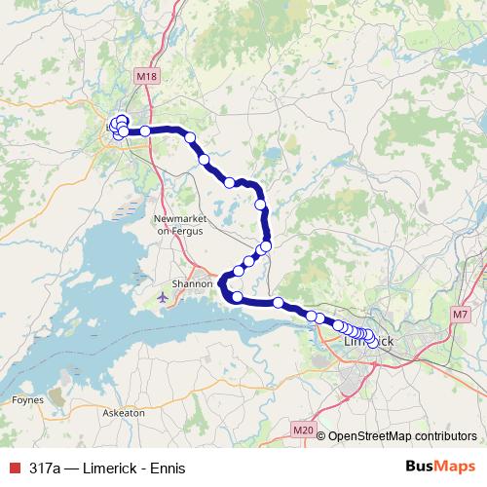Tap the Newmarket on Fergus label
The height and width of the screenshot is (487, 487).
(x=176, y=224)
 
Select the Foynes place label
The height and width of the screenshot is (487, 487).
(x=21, y=399)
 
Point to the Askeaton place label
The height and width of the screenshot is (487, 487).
(x=124, y=413)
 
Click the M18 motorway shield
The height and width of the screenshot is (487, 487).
(x=147, y=77)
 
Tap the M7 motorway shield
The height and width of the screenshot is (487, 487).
(x=462, y=314)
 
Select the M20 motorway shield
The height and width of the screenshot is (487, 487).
(x=303, y=429)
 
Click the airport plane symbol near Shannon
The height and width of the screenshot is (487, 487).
(x=163, y=296)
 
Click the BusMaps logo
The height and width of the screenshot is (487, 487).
(x=434, y=468)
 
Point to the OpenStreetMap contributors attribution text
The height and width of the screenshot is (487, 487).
(x=402, y=436)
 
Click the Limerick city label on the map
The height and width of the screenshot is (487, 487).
(x=369, y=343)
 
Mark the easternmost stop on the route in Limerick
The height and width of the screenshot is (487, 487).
(x=373, y=342)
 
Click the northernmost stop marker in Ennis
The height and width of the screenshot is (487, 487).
(x=122, y=120)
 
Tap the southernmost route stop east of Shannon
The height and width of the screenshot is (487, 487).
(x=237, y=296)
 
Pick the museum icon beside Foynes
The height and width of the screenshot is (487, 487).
(x=53, y=393)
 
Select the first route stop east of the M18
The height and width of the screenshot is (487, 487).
(x=190, y=137)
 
